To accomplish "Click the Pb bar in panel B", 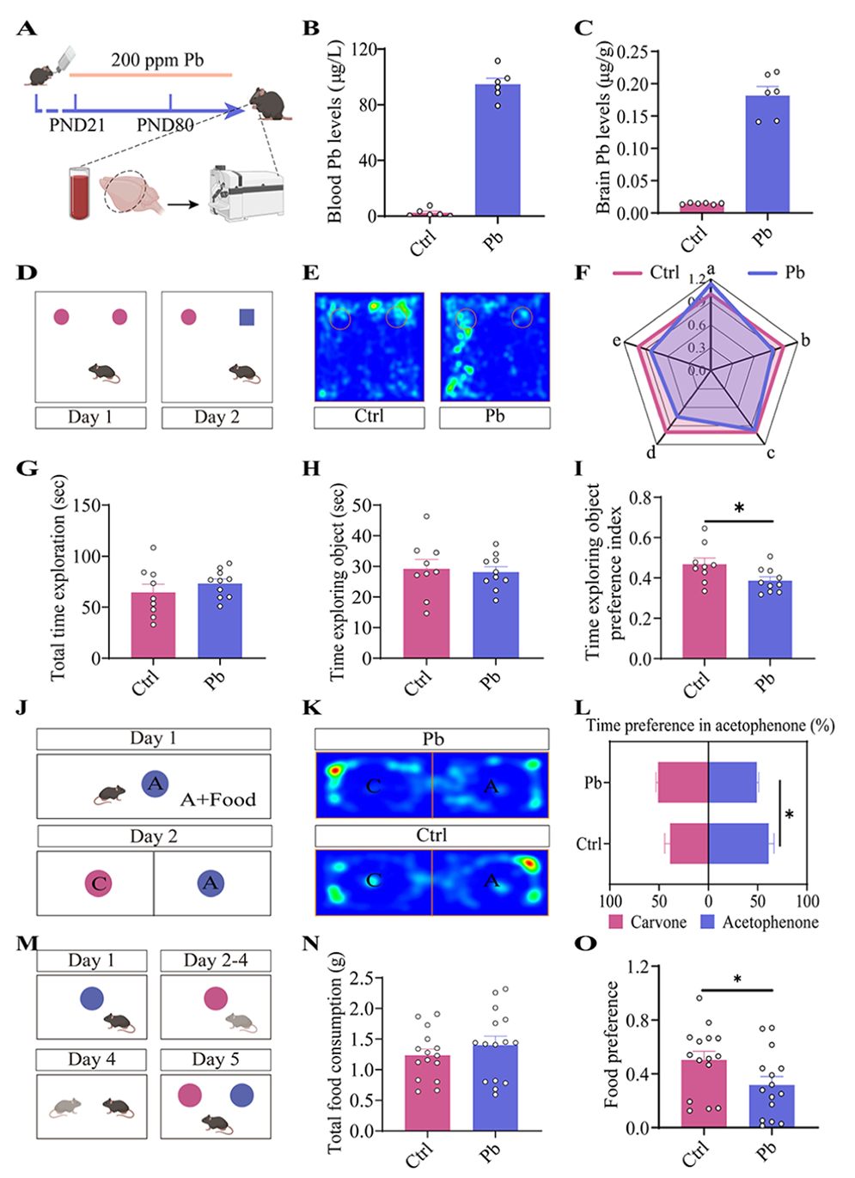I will coord(498,150).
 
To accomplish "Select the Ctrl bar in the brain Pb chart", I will coord(702,207).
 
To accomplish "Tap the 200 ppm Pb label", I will coord(157,60).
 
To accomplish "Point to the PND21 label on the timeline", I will coord(76,125).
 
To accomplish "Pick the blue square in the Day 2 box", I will coord(247,318).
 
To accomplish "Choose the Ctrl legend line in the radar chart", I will coord(628,273).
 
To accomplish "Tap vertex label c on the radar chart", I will coord(770,453).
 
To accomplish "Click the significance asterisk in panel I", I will coord(739,509).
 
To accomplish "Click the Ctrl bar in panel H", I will coord(426,613).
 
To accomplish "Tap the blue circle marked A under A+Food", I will coord(155,784).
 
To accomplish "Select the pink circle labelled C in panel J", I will coord(99,883).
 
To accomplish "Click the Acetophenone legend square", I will coord(708,922).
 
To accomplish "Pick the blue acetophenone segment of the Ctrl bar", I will coord(738,844).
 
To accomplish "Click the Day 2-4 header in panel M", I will coord(216,961).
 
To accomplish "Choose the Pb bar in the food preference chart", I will coord(772,1106).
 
